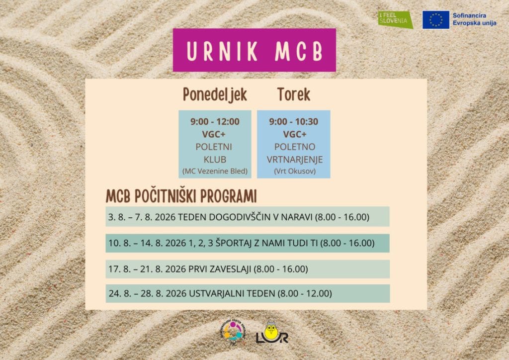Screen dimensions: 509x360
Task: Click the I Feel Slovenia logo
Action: (x=395, y=19)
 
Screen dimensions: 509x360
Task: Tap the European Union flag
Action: (x=435, y=20)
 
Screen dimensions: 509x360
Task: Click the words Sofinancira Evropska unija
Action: (x=474, y=19)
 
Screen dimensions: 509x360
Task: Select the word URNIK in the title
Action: (x=222, y=51)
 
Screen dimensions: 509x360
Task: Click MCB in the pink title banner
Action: (x=299, y=51)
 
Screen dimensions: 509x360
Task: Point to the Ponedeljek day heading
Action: (x=215, y=95)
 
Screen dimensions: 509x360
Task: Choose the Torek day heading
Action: (x=294, y=94)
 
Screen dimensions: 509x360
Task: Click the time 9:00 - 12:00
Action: (x=215, y=121)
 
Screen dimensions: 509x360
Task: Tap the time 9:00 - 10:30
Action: (x=294, y=121)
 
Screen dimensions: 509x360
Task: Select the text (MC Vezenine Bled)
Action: (x=215, y=171)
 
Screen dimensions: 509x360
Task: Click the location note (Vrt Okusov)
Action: (x=295, y=171)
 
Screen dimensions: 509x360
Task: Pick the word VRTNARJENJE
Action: (x=295, y=160)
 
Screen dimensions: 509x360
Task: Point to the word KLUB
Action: (x=215, y=160)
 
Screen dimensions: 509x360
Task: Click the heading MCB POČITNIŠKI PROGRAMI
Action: (x=181, y=196)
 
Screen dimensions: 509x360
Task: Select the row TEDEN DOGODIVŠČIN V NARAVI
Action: (x=248, y=216)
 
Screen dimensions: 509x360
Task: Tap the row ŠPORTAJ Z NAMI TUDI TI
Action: (x=248, y=243)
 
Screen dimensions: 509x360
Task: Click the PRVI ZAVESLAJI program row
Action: (x=248, y=269)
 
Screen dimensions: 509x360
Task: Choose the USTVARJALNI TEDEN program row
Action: (x=248, y=293)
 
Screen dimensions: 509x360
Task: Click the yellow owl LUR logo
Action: (x=272, y=333)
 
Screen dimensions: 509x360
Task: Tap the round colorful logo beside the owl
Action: (x=233, y=332)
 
